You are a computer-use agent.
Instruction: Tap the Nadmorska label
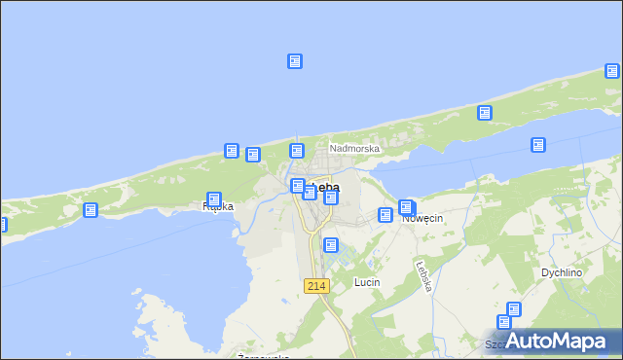353,149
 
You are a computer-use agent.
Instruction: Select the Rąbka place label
217,207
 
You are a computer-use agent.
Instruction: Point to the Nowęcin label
422,219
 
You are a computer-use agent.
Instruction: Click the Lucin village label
366,282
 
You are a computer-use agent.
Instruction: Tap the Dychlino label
562,273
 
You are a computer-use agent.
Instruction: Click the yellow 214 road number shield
316,285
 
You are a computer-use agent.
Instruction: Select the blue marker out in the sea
295,61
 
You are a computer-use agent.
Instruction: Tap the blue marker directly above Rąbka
214,199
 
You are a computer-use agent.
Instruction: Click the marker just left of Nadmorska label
297,150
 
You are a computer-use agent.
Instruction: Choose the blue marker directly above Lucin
331,245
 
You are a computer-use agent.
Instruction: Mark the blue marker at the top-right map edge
612,70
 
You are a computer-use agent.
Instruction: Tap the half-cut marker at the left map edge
2,225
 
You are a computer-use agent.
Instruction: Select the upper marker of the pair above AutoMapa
513,310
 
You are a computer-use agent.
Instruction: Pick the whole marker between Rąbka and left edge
91,210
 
